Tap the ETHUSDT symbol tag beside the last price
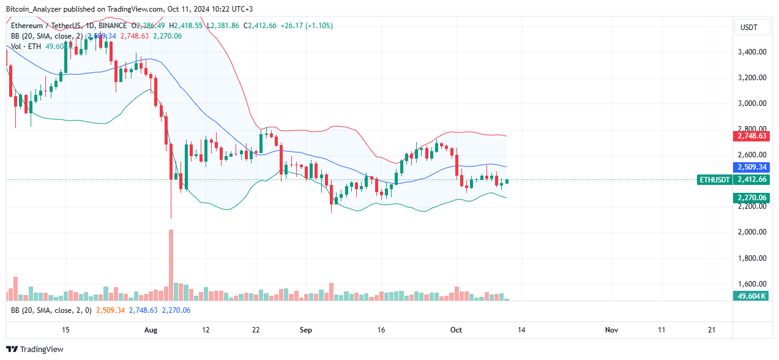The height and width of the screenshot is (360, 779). click(x=714, y=180)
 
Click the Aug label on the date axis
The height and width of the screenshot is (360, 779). click(x=151, y=330)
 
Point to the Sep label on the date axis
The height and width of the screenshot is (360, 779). click(x=306, y=330)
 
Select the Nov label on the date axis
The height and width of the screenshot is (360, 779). click(x=611, y=330)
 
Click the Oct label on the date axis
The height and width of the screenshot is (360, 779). click(x=456, y=330)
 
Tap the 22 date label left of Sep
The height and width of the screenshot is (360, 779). click(x=256, y=330)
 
